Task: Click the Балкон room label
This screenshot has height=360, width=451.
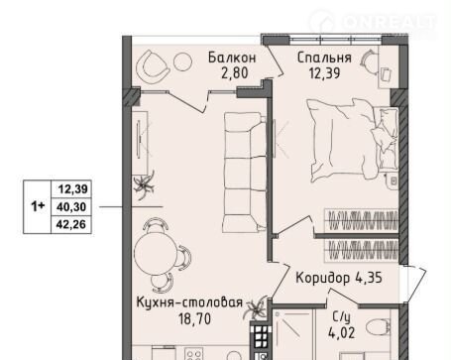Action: pyautogui.click(x=232, y=58)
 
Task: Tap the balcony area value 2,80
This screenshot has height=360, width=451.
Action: pyautogui.click(x=235, y=72)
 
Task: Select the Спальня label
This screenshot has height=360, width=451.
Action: pyautogui.click(x=324, y=58)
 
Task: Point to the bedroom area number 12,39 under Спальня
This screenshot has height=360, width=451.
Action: pyautogui.click(x=324, y=72)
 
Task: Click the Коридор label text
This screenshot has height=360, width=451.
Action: pyautogui.click(x=323, y=278)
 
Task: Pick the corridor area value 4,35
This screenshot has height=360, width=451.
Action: pyautogui.click(x=369, y=278)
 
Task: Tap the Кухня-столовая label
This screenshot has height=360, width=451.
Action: pyautogui.click(x=189, y=302)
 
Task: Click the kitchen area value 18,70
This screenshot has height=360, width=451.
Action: pyautogui.click(x=194, y=318)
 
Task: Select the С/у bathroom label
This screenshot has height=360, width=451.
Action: pyautogui.click(x=341, y=317)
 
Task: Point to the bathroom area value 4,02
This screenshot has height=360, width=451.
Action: pyautogui.click(x=342, y=332)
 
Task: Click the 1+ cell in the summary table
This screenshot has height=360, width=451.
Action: pyautogui.click(x=38, y=207)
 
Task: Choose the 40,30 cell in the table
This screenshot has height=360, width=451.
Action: pyautogui.click(x=71, y=207)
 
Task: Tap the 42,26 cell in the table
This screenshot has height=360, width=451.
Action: pyautogui.click(x=71, y=224)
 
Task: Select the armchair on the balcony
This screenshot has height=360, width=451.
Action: pyautogui.click(x=153, y=67)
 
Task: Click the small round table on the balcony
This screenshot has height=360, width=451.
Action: pyautogui.click(x=182, y=61)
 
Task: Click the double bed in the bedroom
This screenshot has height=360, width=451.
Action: pyautogui.click(x=352, y=140)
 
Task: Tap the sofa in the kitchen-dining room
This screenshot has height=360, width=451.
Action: pyautogui.click(x=245, y=171)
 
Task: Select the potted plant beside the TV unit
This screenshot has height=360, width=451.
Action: pyautogui.click(x=144, y=185)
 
